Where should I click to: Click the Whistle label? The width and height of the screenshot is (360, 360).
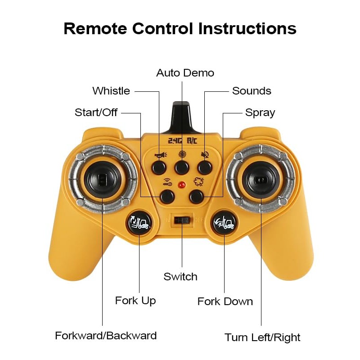pyautogui.click(x=111, y=91)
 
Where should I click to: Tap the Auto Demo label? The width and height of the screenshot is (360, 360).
pyautogui.click(x=185, y=73)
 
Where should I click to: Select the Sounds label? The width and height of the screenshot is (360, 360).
pyautogui.click(x=252, y=91)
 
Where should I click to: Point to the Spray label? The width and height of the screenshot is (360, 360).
pyautogui.click(x=260, y=112)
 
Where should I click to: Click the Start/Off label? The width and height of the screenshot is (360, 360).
pyautogui.click(x=96, y=112)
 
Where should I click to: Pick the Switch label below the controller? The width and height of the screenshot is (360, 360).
pyautogui.click(x=180, y=277)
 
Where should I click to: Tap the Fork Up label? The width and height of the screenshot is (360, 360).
pyautogui.click(x=135, y=301)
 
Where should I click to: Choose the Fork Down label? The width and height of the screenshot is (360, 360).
pyautogui.click(x=225, y=301)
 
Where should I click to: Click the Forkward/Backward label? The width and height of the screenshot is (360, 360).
pyautogui.click(x=106, y=336)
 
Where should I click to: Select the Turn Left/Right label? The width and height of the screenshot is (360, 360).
pyautogui.click(x=262, y=337)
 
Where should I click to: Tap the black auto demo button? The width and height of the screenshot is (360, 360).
pyautogui.click(x=182, y=168)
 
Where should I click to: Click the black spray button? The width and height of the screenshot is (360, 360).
pyautogui.click(x=196, y=196)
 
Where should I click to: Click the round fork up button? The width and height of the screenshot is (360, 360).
pyautogui.click(x=139, y=223)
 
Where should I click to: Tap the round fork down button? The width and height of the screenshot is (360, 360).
pyautogui.click(x=224, y=223)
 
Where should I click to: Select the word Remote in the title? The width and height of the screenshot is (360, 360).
pyautogui.click(x=95, y=28)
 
